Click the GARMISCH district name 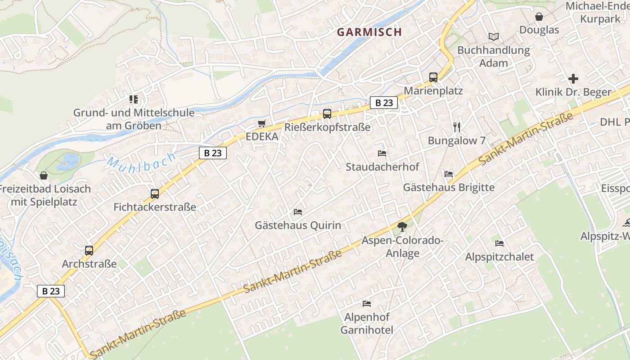click(369, 32)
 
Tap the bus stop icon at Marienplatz click(433, 77)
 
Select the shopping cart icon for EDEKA click(262, 123)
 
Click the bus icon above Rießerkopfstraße click(327, 114)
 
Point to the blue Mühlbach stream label click(141, 161)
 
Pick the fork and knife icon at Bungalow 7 click(457, 127)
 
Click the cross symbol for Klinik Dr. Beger click(573, 79)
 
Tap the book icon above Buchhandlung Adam click(494, 37)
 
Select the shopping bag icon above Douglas click(539, 17)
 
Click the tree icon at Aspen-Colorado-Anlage click(402, 227)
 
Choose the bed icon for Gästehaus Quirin click(298, 211)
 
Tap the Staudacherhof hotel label click(382, 167)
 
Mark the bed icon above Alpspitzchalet click(499, 243)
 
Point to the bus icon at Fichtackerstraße click(155, 194)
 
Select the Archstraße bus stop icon click(89, 251)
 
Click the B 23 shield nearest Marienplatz click(384, 103)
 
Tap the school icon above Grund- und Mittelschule click(134, 99)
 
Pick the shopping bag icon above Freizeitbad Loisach click(44, 175)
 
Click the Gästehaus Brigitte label click(449, 187)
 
